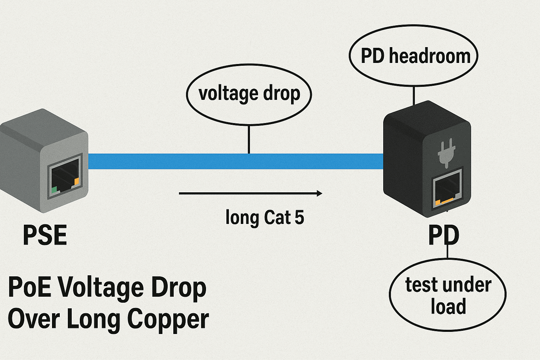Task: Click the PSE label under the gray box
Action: coord(45,236)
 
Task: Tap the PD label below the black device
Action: coord(444,236)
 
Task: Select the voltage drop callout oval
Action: coord(249,94)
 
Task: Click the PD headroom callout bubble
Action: coord(413,56)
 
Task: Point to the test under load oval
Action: coord(448,295)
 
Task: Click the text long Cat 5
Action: coord(264,217)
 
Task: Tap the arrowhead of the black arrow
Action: coord(319,193)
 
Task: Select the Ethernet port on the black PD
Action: coord(447,189)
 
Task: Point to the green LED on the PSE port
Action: coord(54,190)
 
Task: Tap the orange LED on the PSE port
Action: coord(77,181)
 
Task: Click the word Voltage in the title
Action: coord(101,288)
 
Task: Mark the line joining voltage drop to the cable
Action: coord(249,139)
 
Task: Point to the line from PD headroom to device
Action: coord(414,95)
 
